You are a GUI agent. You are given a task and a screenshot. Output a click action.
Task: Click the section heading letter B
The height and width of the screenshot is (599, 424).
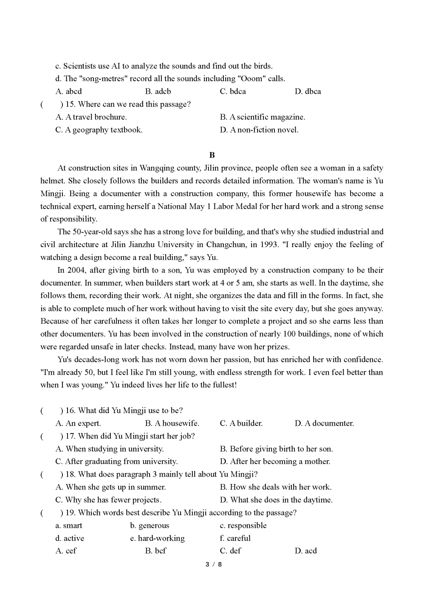[x=212, y=155]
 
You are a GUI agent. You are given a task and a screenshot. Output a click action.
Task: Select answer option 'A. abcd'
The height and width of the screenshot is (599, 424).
[x=69, y=91]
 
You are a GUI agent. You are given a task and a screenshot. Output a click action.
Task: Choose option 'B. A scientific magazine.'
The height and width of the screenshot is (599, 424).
[x=262, y=117]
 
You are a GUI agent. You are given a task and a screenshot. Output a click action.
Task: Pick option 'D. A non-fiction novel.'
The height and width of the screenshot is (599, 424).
[x=259, y=130]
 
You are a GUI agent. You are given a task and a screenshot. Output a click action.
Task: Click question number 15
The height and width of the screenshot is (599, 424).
[x=70, y=104]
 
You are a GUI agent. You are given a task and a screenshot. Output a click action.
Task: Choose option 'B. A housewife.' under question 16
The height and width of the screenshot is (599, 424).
[x=172, y=423]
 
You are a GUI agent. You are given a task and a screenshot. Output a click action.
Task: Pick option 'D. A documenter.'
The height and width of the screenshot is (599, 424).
[x=324, y=423]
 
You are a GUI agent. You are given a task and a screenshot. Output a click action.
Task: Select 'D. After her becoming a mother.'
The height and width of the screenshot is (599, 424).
[x=275, y=461]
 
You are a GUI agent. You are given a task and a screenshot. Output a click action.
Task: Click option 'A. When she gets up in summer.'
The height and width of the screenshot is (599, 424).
[x=110, y=487]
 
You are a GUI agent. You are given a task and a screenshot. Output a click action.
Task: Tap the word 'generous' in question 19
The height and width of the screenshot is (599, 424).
[x=154, y=525]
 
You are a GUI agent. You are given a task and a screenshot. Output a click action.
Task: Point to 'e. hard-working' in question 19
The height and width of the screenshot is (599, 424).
[x=157, y=538]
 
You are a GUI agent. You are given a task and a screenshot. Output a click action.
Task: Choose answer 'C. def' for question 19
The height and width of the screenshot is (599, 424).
[x=230, y=551]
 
